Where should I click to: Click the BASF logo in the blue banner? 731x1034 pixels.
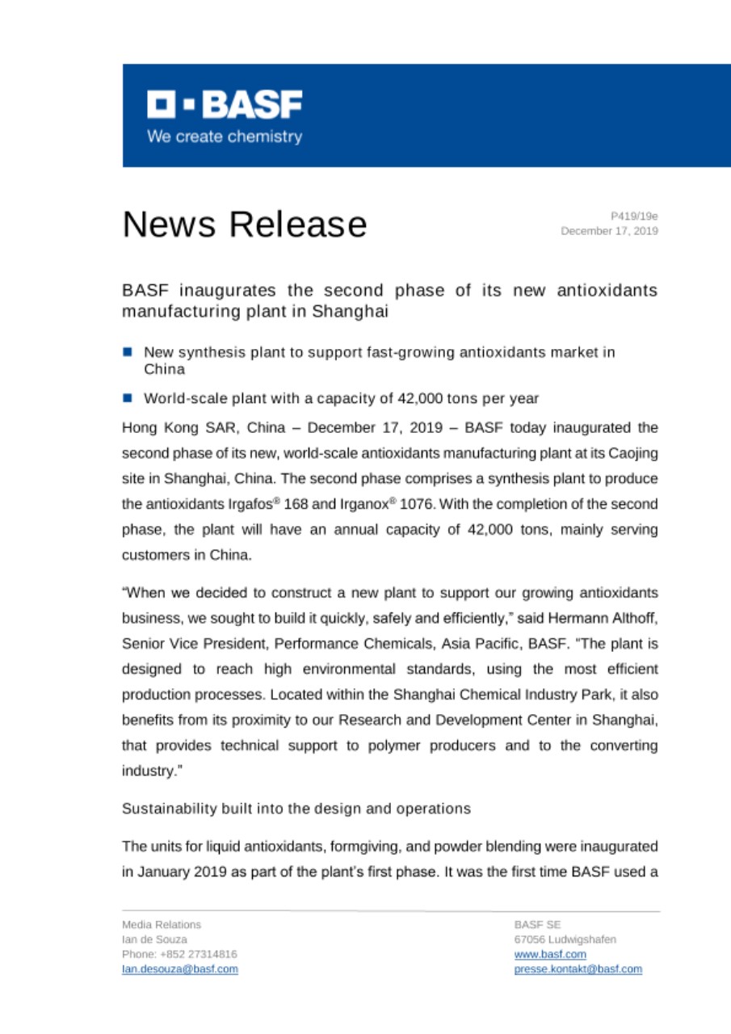click(225, 104)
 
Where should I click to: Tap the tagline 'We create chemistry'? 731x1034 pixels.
click(225, 137)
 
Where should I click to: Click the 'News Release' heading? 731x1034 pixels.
click(244, 224)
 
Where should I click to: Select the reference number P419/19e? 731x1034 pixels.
click(634, 216)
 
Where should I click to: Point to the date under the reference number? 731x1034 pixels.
click(610, 231)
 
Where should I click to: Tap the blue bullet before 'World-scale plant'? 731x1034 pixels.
click(128, 397)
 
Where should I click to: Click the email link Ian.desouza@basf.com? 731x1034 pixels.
click(179, 969)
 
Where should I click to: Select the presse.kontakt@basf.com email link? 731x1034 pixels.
click(578, 969)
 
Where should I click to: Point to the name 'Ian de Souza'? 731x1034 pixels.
click(154, 939)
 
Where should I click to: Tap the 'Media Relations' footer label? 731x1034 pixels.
click(162, 924)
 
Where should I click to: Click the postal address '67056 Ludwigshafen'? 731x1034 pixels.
click(565, 939)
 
